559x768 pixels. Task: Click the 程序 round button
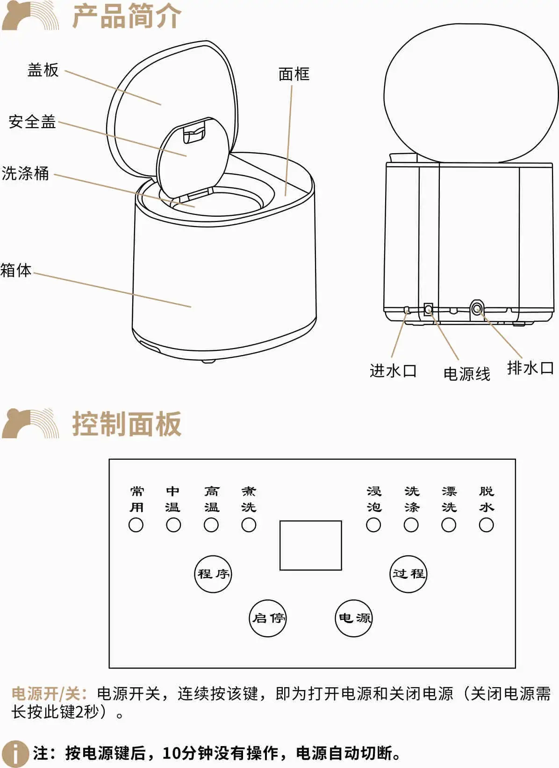213,574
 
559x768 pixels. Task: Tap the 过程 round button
408,574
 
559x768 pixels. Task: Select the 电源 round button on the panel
353,618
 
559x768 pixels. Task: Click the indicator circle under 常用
136,525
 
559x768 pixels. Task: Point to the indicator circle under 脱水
486,525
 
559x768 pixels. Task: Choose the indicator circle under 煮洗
249,525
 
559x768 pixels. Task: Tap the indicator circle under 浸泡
373,525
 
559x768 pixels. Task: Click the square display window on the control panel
311,546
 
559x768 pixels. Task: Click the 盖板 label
43,70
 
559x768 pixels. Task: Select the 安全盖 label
32,122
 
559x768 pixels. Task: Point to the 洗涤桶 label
25,173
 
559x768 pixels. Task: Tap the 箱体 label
16,270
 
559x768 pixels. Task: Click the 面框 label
294,74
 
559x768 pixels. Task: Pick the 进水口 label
393,370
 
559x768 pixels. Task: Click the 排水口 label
530,368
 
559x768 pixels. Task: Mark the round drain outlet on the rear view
476,309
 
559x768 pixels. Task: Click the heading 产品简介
126,16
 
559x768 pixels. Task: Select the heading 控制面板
126,424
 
